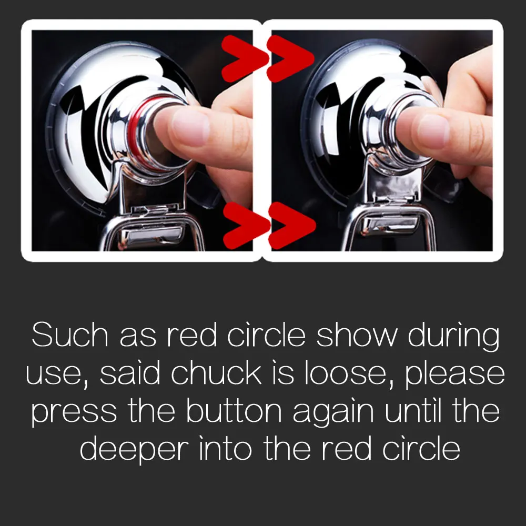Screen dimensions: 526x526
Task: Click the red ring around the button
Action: pos(134,134)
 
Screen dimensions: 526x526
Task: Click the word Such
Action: pos(70,335)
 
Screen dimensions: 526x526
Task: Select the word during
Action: pos(453,337)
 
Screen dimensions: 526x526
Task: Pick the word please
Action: pos(454,376)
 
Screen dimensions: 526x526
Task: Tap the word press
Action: pos(74,413)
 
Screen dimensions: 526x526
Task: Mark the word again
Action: pos(333,413)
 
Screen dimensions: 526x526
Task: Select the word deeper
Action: pos(134,451)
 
